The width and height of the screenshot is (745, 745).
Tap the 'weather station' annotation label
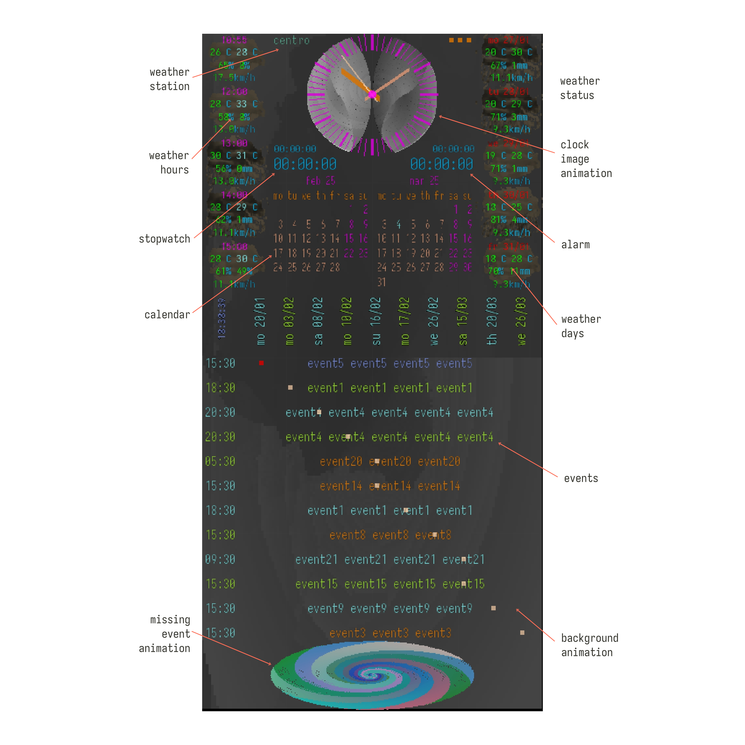click(170, 79)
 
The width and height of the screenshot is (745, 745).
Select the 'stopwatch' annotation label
click(164, 239)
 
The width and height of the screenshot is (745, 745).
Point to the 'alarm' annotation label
click(575, 245)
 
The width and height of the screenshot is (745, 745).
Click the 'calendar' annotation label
click(167, 315)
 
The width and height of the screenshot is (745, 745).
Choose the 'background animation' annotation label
click(589, 645)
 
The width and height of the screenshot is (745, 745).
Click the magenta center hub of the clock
click(372, 94)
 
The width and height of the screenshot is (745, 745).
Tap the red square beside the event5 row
click(261, 363)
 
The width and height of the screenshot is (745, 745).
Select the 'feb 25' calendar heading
click(320, 181)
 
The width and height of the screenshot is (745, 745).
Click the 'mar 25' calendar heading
click(424, 181)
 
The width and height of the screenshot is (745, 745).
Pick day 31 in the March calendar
click(381, 282)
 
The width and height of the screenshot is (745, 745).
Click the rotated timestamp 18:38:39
click(222, 318)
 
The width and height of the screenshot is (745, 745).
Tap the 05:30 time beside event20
click(220, 461)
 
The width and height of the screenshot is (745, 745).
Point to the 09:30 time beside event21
click(220, 559)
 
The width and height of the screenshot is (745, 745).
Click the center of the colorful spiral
click(372, 675)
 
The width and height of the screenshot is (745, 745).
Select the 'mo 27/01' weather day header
click(508, 40)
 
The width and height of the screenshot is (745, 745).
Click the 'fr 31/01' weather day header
click(508, 246)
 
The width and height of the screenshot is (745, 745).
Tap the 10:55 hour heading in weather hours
click(234, 40)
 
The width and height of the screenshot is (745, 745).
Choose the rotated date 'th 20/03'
click(492, 321)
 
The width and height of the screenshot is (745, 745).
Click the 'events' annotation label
click(581, 479)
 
